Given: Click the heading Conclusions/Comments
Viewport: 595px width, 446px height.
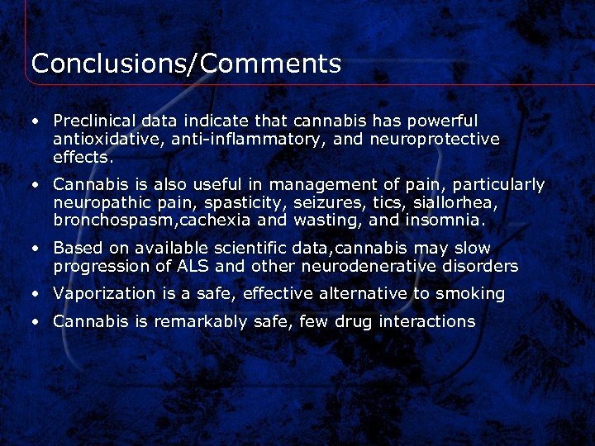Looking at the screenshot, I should pos(186,64).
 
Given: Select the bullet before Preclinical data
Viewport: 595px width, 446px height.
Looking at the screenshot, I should pos(36,121).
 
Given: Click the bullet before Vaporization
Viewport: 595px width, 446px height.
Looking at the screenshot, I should pos(36,294).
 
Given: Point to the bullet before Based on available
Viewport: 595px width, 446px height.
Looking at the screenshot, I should pos(36,248).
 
